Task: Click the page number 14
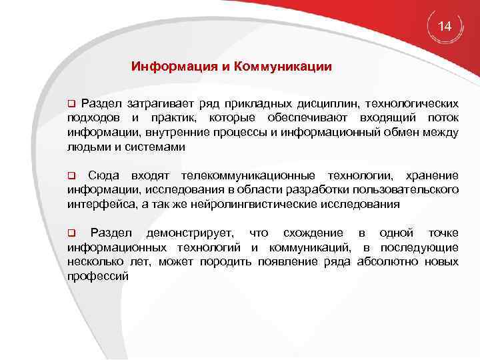445,27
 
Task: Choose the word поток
442,118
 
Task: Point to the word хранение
431,175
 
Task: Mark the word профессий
97,275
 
